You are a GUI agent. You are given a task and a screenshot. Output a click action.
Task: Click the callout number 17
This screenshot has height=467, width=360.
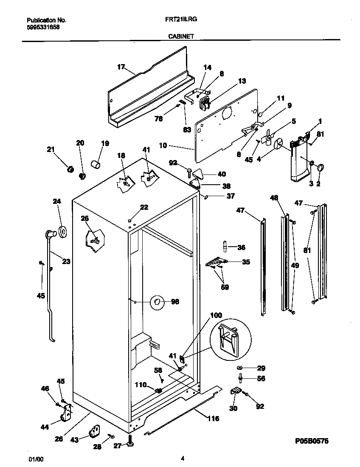121,67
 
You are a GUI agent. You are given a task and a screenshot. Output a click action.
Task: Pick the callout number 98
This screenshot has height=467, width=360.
174,302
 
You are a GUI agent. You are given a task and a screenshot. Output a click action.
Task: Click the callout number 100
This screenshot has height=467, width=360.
216,315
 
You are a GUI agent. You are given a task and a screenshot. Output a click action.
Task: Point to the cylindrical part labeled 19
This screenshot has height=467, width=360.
96,164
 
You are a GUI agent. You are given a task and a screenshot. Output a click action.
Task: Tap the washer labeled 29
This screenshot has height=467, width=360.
240,367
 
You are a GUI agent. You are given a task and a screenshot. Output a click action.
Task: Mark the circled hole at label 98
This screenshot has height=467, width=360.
157,302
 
